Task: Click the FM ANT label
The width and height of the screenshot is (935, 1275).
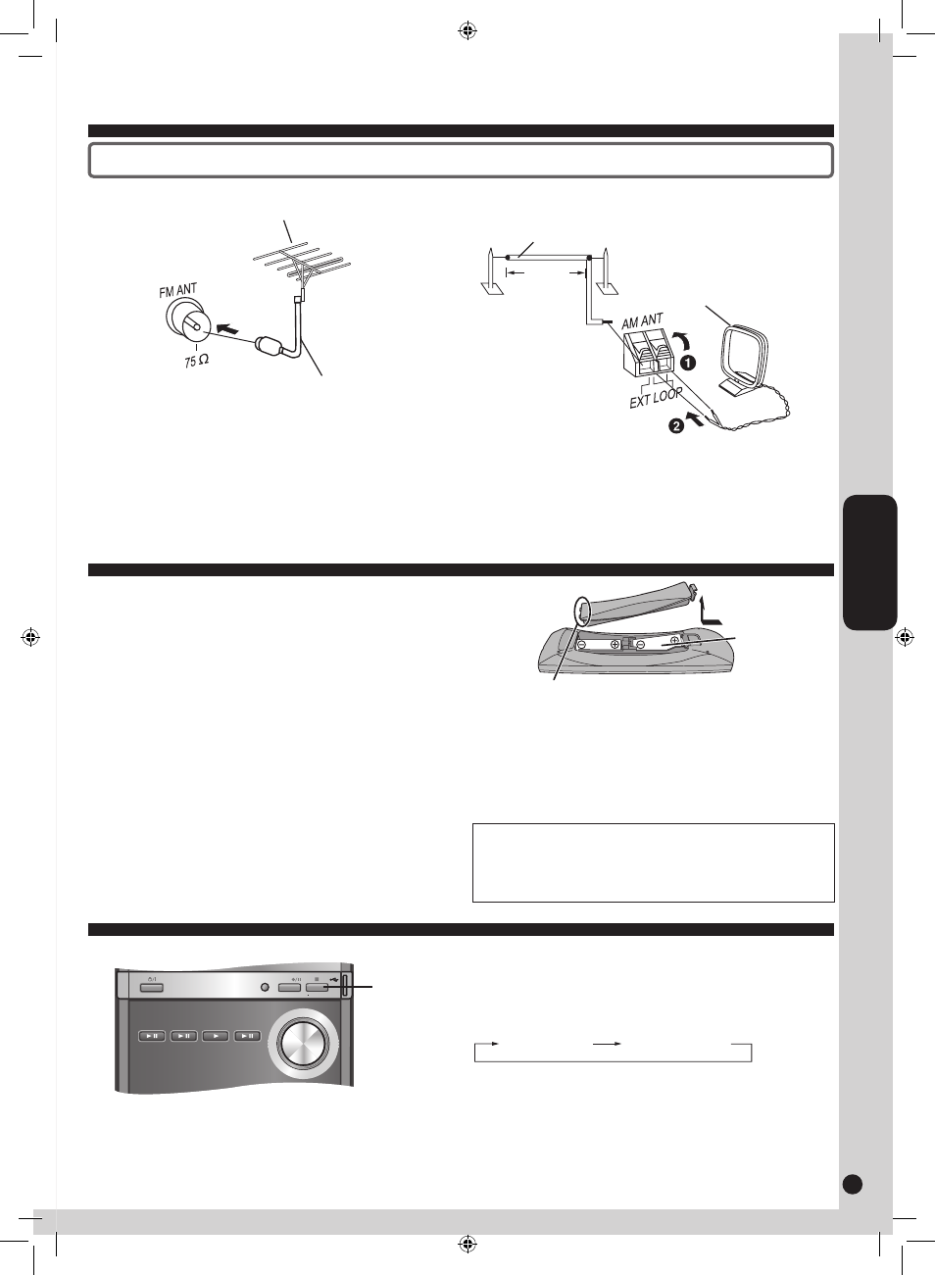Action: [x=178, y=290]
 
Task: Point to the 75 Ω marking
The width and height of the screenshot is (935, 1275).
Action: [x=196, y=361]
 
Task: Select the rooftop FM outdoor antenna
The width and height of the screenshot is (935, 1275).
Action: [x=302, y=264]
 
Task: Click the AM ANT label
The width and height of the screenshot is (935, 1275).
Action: [x=643, y=321]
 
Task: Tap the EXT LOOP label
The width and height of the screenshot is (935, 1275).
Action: [x=656, y=397]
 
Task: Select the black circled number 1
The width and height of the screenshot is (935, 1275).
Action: [x=688, y=363]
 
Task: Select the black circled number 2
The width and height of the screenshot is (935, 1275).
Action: [x=675, y=425]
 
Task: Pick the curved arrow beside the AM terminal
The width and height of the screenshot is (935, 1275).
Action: [x=682, y=339]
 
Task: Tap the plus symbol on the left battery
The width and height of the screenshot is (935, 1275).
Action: [x=615, y=645]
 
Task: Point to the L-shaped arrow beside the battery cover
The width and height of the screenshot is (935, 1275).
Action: [x=710, y=611]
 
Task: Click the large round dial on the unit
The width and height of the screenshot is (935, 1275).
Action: [x=303, y=1042]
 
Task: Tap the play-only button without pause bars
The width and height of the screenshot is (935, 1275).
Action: [x=216, y=1036]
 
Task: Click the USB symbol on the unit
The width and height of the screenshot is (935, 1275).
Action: [x=333, y=980]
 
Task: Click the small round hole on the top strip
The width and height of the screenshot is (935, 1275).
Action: [x=265, y=987]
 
